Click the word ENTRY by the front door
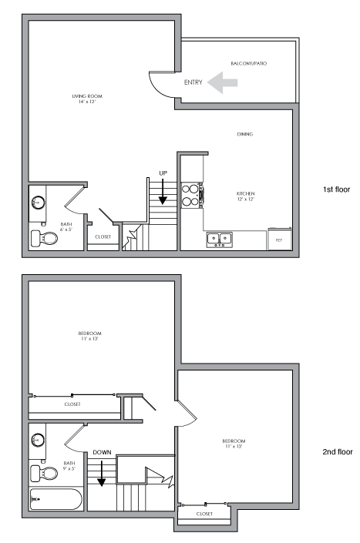(193, 82)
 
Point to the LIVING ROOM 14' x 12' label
(87, 99)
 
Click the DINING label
(245, 134)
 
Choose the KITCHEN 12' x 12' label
(245, 196)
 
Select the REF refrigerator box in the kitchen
(279, 239)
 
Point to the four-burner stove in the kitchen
(190, 194)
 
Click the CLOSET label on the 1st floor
(103, 237)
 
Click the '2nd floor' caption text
(338, 452)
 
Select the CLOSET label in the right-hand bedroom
(205, 513)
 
